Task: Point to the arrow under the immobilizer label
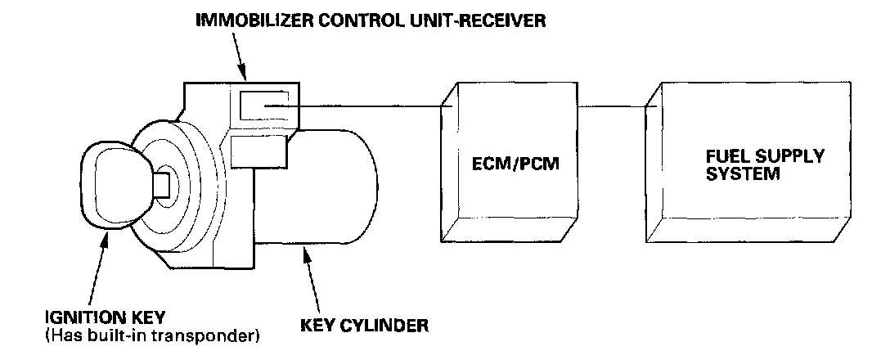pyautogui.click(x=240, y=55)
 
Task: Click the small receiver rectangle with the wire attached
pyautogui.click(x=263, y=106)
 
